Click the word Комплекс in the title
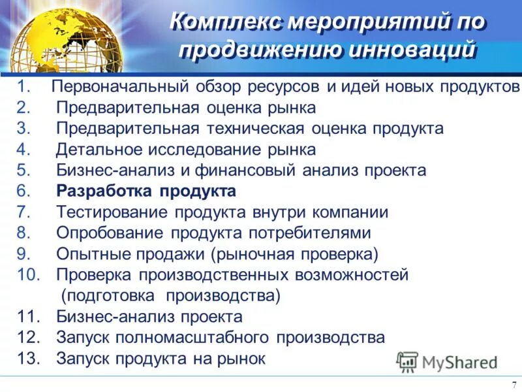point(226,21)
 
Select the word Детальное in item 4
point(97,150)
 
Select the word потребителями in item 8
point(309,233)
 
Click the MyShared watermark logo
point(448,361)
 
